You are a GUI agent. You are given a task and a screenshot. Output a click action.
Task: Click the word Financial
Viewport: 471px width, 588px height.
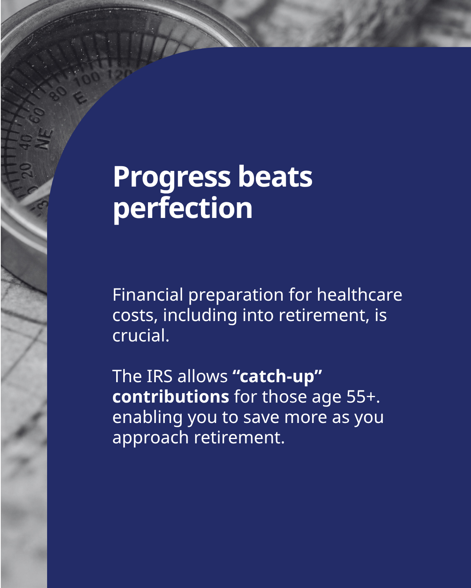point(148,295)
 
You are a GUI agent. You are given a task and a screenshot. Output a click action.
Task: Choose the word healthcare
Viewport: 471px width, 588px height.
point(360,295)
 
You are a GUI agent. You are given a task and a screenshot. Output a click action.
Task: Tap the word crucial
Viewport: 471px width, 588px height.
point(141,336)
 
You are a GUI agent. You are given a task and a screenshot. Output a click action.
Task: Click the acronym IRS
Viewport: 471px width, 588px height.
point(160,377)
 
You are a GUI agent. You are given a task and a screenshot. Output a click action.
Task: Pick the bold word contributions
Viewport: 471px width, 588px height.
point(171,397)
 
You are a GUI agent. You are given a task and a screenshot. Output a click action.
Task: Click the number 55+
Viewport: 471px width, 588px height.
point(363,397)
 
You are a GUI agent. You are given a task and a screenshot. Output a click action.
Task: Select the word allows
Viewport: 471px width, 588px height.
point(203,377)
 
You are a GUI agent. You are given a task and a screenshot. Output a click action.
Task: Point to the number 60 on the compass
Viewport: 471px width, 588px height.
point(37,116)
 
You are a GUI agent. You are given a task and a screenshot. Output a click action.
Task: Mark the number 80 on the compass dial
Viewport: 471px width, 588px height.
point(58,93)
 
